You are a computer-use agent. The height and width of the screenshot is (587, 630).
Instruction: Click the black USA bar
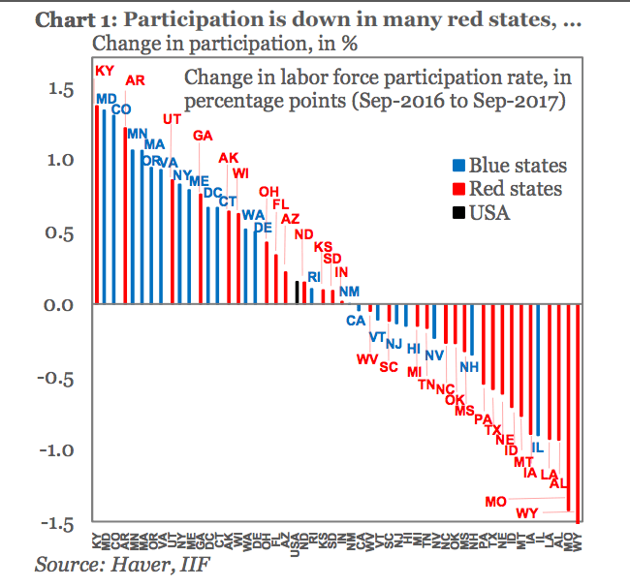(298, 293)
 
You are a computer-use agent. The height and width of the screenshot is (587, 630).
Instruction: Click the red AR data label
(136, 81)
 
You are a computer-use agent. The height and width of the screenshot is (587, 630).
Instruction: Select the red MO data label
(496, 502)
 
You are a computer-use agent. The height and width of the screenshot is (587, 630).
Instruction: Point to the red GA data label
(204, 136)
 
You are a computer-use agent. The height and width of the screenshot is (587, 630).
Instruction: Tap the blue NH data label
(469, 367)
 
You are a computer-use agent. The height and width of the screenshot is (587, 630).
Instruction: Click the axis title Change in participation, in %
(213, 44)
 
